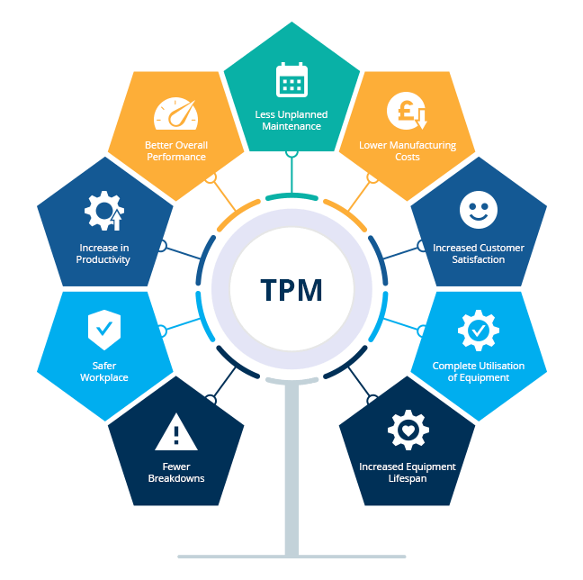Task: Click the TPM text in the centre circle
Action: pos(291,290)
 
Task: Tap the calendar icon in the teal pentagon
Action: pos(291,79)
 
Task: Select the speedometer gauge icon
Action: pos(175,113)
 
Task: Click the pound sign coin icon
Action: pos(407,111)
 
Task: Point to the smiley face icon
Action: pos(479,210)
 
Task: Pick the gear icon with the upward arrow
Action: pos(104,211)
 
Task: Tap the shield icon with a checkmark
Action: pos(104,330)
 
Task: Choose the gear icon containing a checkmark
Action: pos(479,331)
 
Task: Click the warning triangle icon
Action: pos(176,431)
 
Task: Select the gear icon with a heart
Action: pos(408,430)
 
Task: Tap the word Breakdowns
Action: pos(176,478)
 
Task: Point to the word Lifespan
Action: pos(408,478)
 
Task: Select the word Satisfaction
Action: pos(479,259)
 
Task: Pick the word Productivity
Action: pos(103,259)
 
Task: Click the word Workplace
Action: pos(104,377)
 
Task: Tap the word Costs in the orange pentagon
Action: pos(408,157)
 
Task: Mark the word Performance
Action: pos(176,157)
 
